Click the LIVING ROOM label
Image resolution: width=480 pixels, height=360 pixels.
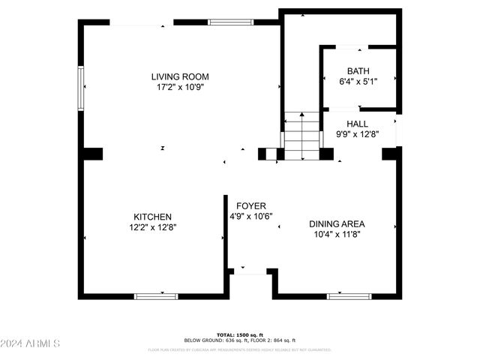coord(179,76)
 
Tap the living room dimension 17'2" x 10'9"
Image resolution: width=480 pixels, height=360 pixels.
coord(179,87)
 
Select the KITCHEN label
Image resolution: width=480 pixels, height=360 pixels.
coord(153,217)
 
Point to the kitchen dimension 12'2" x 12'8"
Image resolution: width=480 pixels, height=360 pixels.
coord(153,227)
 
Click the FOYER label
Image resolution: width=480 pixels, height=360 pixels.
coord(251,205)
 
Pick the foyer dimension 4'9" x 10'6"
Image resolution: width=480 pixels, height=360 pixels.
coord(251,216)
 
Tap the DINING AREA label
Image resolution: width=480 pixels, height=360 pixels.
coord(341,223)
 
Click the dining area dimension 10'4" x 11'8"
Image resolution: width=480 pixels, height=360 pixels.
coord(341,234)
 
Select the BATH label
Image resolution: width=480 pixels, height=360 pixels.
coord(358,71)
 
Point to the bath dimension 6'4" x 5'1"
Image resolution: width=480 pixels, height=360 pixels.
coord(358,82)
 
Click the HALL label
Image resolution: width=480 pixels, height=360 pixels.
coord(357,124)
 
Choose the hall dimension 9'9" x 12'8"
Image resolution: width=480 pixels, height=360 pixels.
coord(357,134)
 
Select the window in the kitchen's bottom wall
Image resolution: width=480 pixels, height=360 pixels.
coord(156,296)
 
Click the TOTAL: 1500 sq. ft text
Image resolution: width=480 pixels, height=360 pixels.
coord(240,334)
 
